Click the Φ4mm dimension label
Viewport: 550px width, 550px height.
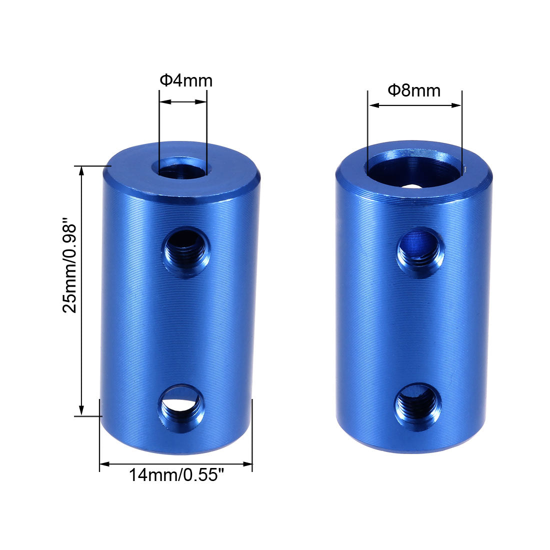click(x=186, y=80)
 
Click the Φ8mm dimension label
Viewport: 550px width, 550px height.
click(x=414, y=90)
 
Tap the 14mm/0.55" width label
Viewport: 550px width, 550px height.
click(x=175, y=474)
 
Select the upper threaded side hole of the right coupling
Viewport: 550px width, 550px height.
click(x=420, y=251)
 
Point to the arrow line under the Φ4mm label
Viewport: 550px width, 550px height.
click(x=183, y=102)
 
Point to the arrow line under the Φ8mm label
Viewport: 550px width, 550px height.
click(x=414, y=105)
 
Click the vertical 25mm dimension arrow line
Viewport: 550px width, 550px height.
click(x=81, y=290)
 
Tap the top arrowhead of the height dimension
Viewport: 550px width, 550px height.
click(x=81, y=170)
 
